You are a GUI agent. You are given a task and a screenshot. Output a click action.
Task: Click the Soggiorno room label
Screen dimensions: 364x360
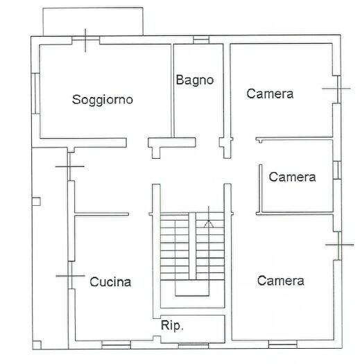(103, 99)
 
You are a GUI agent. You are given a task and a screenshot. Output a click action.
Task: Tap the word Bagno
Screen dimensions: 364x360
(194, 80)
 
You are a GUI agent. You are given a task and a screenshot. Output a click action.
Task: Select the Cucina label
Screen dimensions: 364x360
(110, 281)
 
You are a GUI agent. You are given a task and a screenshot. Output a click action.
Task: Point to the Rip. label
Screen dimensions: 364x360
(172, 325)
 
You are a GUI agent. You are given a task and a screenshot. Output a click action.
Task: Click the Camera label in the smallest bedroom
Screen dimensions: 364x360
(292, 177)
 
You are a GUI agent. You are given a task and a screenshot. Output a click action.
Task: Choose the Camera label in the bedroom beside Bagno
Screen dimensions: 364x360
(270, 94)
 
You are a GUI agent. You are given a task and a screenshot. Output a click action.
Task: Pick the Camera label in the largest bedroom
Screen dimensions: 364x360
(280, 280)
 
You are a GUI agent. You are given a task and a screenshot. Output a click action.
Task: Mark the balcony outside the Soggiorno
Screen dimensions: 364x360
(93, 21)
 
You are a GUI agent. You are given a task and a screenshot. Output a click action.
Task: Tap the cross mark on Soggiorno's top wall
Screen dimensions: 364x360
(85, 40)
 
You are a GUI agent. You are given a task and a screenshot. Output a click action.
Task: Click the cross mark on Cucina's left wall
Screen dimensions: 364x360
(69, 277)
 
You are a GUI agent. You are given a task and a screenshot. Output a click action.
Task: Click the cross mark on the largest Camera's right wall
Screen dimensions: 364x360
(338, 244)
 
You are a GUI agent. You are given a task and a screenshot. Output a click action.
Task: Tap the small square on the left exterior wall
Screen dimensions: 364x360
(36, 202)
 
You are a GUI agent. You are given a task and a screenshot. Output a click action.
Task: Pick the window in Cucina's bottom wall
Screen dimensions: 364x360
(117, 344)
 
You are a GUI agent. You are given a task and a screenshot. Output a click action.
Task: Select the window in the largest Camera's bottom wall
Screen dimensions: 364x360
(282, 344)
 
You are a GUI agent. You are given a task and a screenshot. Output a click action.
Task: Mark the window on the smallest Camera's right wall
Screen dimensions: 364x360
(336, 171)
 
